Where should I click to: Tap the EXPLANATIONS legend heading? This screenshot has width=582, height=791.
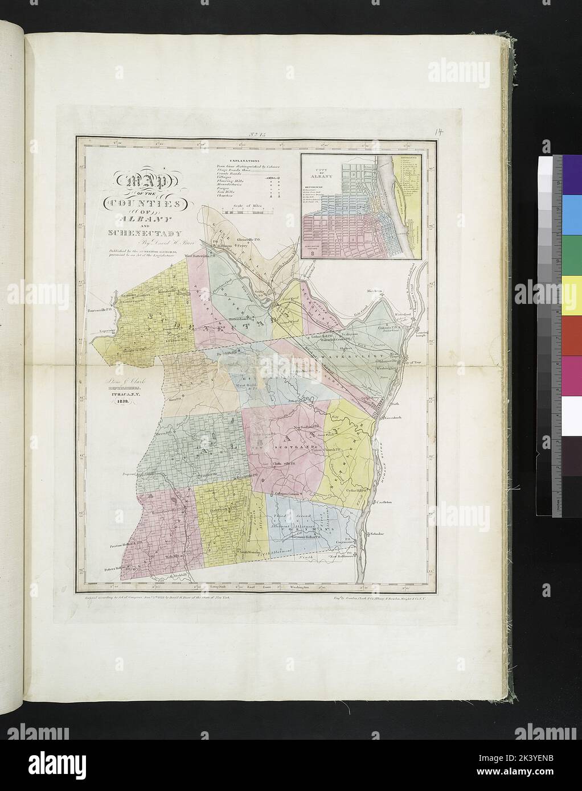(x=239, y=162)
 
